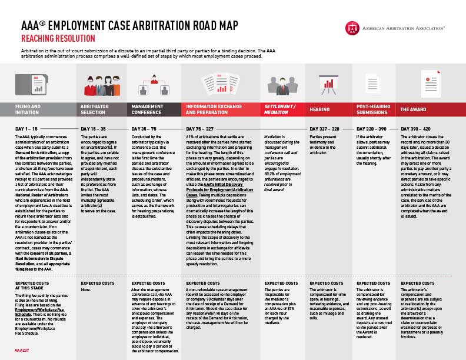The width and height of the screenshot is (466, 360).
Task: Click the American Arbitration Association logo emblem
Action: [351, 27]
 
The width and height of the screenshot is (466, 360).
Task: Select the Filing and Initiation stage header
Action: [28, 109]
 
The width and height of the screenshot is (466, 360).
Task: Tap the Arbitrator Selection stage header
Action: [95, 109]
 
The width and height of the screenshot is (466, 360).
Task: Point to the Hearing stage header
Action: [319, 109]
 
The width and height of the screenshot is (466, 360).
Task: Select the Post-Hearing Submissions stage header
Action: [372, 109]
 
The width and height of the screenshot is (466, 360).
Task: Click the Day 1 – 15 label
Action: [27, 128]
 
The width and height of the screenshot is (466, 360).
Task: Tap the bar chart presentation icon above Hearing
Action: [327, 85]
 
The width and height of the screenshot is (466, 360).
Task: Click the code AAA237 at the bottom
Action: [22, 349]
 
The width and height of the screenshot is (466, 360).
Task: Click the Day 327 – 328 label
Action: [324, 128]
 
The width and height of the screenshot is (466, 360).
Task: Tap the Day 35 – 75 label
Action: [144, 128]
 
